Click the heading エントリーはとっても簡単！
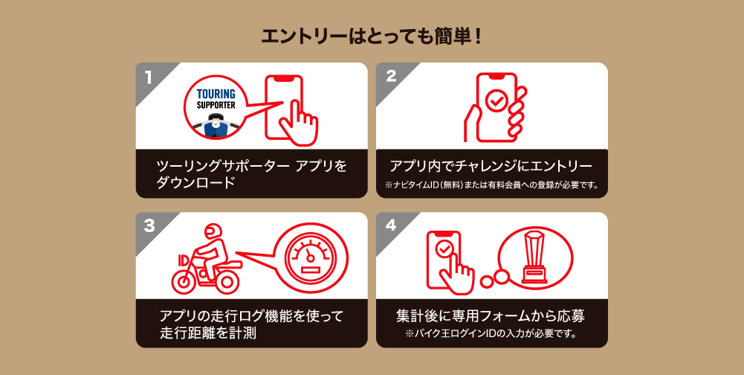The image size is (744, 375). pyautogui.click(x=372, y=36)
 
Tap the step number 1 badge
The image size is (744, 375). pyautogui.click(x=149, y=77)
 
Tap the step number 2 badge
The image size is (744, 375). pyautogui.click(x=391, y=77)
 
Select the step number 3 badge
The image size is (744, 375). pyautogui.click(x=149, y=226)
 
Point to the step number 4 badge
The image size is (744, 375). pyautogui.click(x=391, y=226)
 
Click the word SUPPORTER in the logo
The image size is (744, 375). pyautogui.click(x=216, y=105)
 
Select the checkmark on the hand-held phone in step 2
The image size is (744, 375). pyautogui.click(x=495, y=100)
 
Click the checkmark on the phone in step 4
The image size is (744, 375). pyautogui.click(x=444, y=248)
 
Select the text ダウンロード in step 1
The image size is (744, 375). pyautogui.click(x=195, y=182)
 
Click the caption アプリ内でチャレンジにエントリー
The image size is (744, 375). pyautogui.click(x=491, y=167)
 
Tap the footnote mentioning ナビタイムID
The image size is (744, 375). pyautogui.click(x=491, y=185)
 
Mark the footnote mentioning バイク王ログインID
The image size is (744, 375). pyautogui.click(x=491, y=333)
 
